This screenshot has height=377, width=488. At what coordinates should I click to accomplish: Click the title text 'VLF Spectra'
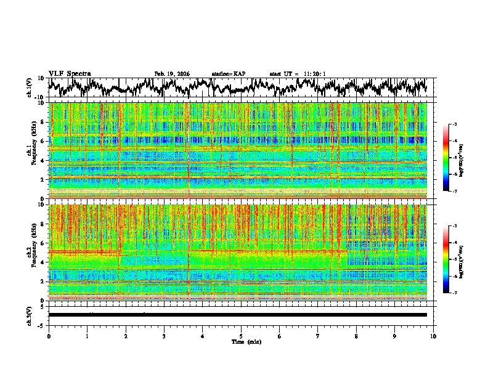70,74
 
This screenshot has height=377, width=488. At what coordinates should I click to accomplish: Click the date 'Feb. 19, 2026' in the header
172,74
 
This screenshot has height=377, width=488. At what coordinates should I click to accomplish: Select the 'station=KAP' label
229,74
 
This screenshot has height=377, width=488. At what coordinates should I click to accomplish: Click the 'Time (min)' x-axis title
241,341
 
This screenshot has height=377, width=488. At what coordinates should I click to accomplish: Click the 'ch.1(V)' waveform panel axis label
30,87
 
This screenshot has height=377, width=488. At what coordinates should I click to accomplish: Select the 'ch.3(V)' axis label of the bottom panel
30,315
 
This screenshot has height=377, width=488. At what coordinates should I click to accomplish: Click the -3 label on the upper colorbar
455,124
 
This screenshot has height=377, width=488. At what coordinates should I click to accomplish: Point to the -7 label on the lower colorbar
455,293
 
